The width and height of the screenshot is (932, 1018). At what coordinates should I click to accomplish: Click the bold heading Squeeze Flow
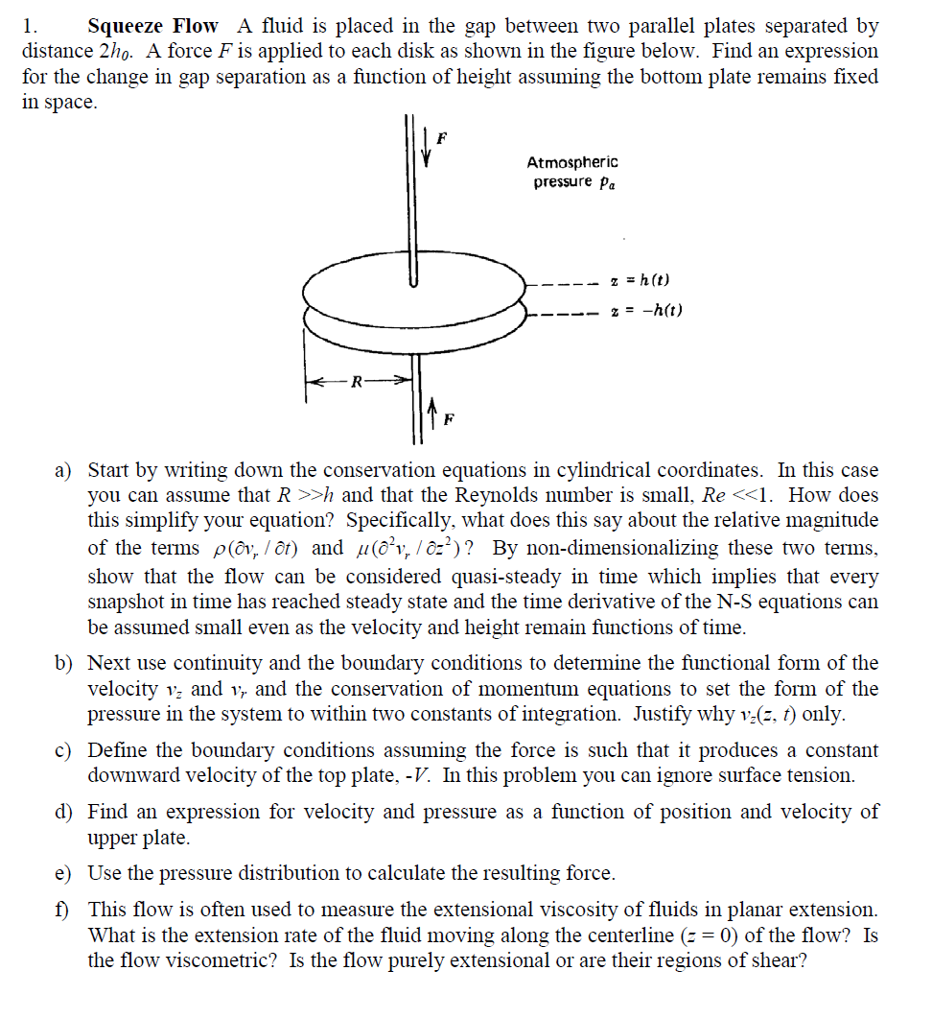[x=152, y=26]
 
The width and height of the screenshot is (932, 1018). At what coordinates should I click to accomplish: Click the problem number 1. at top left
[x=30, y=26]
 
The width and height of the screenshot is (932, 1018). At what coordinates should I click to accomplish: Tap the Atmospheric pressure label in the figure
[x=572, y=172]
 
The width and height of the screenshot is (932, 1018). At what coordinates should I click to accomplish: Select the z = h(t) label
[x=640, y=280]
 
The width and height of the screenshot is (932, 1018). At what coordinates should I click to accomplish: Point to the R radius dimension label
[x=357, y=383]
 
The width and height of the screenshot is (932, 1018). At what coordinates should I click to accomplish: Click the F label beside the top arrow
[x=441, y=138]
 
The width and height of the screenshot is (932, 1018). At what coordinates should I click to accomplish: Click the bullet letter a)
[x=64, y=470]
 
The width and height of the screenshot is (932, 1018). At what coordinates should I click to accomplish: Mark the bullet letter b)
[x=64, y=663]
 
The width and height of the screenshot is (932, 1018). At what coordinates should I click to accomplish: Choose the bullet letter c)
[x=64, y=750]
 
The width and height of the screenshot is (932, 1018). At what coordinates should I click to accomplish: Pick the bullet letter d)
[x=64, y=812]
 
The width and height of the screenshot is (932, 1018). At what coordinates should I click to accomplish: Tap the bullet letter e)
[x=64, y=873]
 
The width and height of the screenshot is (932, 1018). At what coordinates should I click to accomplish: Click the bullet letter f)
[x=64, y=909]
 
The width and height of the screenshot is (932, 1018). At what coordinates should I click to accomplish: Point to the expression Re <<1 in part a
[x=731, y=496]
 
